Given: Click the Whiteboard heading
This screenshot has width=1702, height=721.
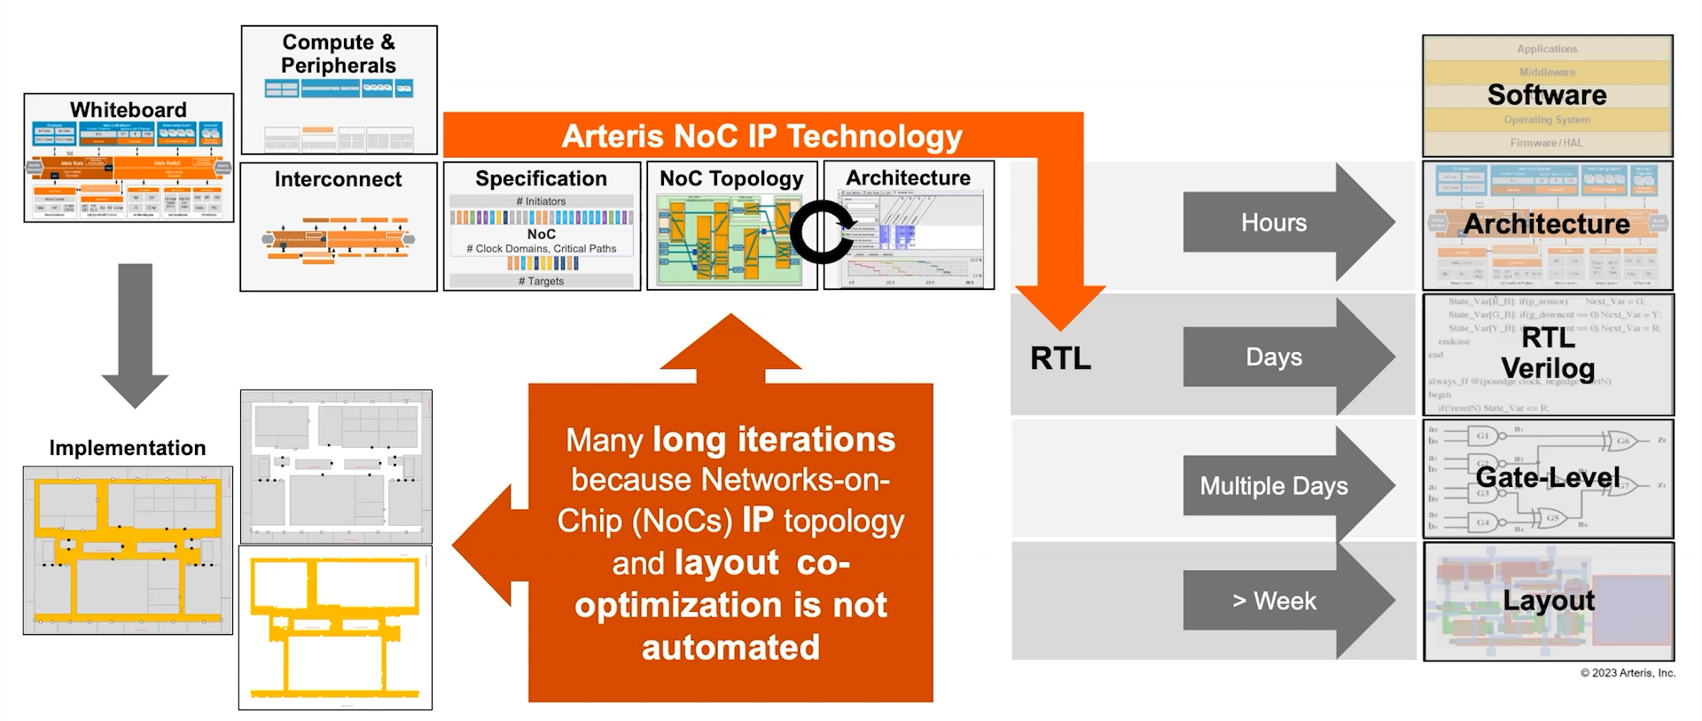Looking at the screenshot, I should [129, 110].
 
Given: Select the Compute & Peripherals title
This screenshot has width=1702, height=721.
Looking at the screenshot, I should [339, 54].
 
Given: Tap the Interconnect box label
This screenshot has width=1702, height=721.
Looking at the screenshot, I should [338, 179].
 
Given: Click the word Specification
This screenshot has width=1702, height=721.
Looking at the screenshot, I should [541, 178].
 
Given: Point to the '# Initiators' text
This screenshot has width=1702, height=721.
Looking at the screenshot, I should [541, 201].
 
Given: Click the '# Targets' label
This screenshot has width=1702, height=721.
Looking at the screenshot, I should [541, 281].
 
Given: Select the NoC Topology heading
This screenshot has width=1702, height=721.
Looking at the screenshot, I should [731, 178].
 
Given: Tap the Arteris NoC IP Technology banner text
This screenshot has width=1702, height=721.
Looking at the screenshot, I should [761, 137].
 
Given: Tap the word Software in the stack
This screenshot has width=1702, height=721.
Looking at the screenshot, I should [1547, 95].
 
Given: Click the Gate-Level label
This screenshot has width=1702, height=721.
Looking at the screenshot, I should [1548, 477].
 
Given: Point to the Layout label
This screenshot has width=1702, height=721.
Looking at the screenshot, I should [1549, 600].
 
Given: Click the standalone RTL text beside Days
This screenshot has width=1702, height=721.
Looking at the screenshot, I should [1060, 358].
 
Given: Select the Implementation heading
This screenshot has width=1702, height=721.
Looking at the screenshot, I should [128, 448].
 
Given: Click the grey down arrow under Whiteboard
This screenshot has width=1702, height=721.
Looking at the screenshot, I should [135, 337].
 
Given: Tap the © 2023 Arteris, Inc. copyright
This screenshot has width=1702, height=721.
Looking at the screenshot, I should [1628, 673].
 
